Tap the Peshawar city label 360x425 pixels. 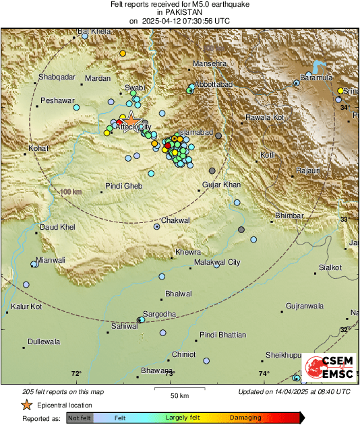tap(57, 100)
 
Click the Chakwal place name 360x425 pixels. tap(176, 220)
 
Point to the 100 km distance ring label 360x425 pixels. tap(71, 193)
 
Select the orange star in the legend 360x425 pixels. tap(26, 405)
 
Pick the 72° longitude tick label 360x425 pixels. tap(76, 374)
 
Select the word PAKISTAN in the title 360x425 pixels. tap(179, 12)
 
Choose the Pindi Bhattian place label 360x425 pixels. tap(223, 335)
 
